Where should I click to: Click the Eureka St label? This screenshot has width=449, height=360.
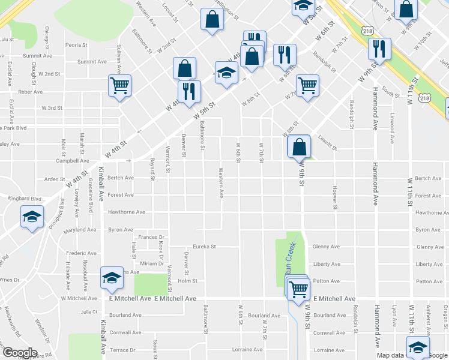(x=203, y=247)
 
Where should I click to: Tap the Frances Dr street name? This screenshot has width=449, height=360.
(x=151, y=238)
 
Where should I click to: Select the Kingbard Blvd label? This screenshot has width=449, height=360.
(x=25, y=198)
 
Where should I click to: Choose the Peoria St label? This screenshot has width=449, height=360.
(x=77, y=45)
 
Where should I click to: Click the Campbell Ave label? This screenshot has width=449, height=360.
(x=73, y=161)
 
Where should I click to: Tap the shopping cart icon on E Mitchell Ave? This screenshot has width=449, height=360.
(x=298, y=288)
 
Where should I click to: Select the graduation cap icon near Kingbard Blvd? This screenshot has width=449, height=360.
(x=32, y=217)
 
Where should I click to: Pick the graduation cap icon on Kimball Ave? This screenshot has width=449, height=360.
(x=112, y=278)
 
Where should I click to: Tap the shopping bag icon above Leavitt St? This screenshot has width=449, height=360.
(x=299, y=146)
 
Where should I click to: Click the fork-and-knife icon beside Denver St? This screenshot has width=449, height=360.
(x=190, y=91)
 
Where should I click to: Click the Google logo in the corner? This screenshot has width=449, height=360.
(x=20, y=353)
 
